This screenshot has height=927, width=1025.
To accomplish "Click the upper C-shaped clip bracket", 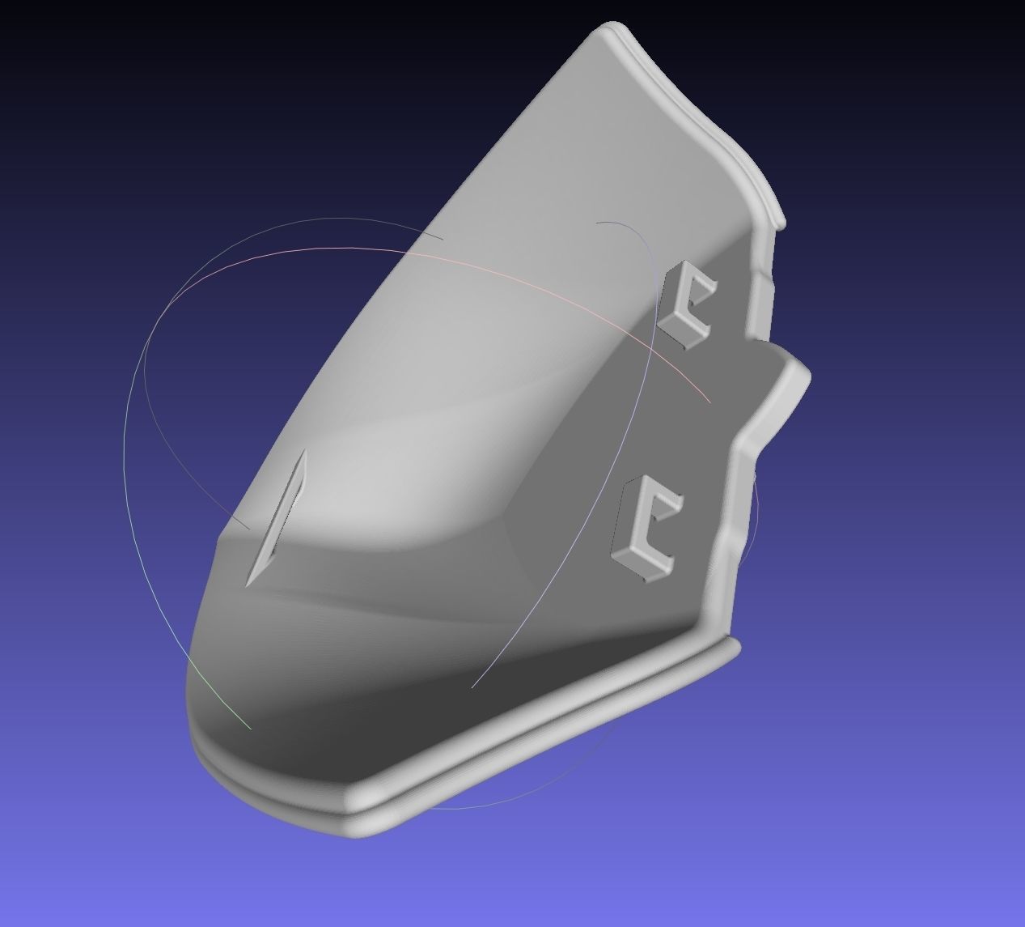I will point(686,305).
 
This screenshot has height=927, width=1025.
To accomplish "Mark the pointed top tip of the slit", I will point(304,453).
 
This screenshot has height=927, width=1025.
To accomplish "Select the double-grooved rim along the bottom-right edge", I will point(566,729).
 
